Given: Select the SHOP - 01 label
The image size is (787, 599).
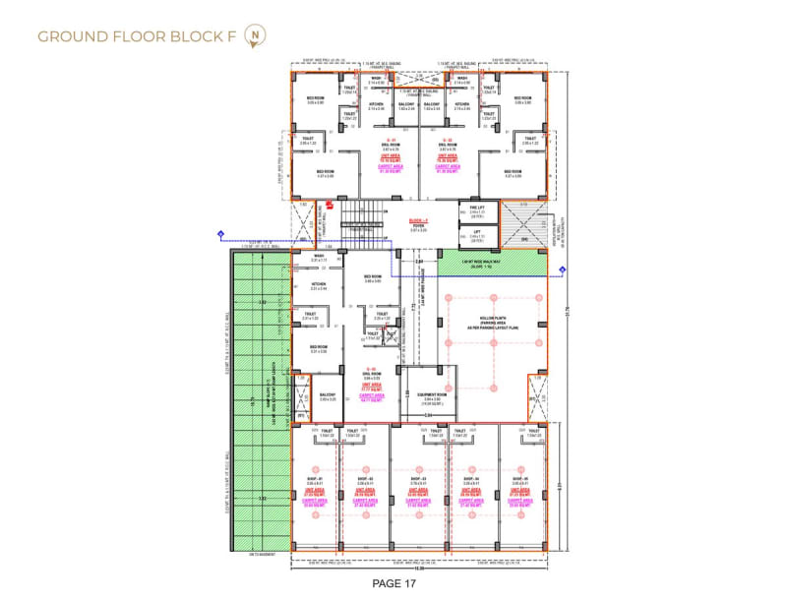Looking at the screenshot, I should (x=316, y=479).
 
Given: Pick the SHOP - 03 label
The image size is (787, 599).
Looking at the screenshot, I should (x=418, y=479).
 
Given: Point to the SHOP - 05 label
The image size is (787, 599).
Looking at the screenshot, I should (x=520, y=479).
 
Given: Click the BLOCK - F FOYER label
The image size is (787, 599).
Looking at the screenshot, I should (x=418, y=224).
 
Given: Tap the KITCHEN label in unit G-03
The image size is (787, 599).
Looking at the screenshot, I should (x=317, y=285).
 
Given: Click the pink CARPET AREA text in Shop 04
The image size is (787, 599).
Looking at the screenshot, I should (x=469, y=499).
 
